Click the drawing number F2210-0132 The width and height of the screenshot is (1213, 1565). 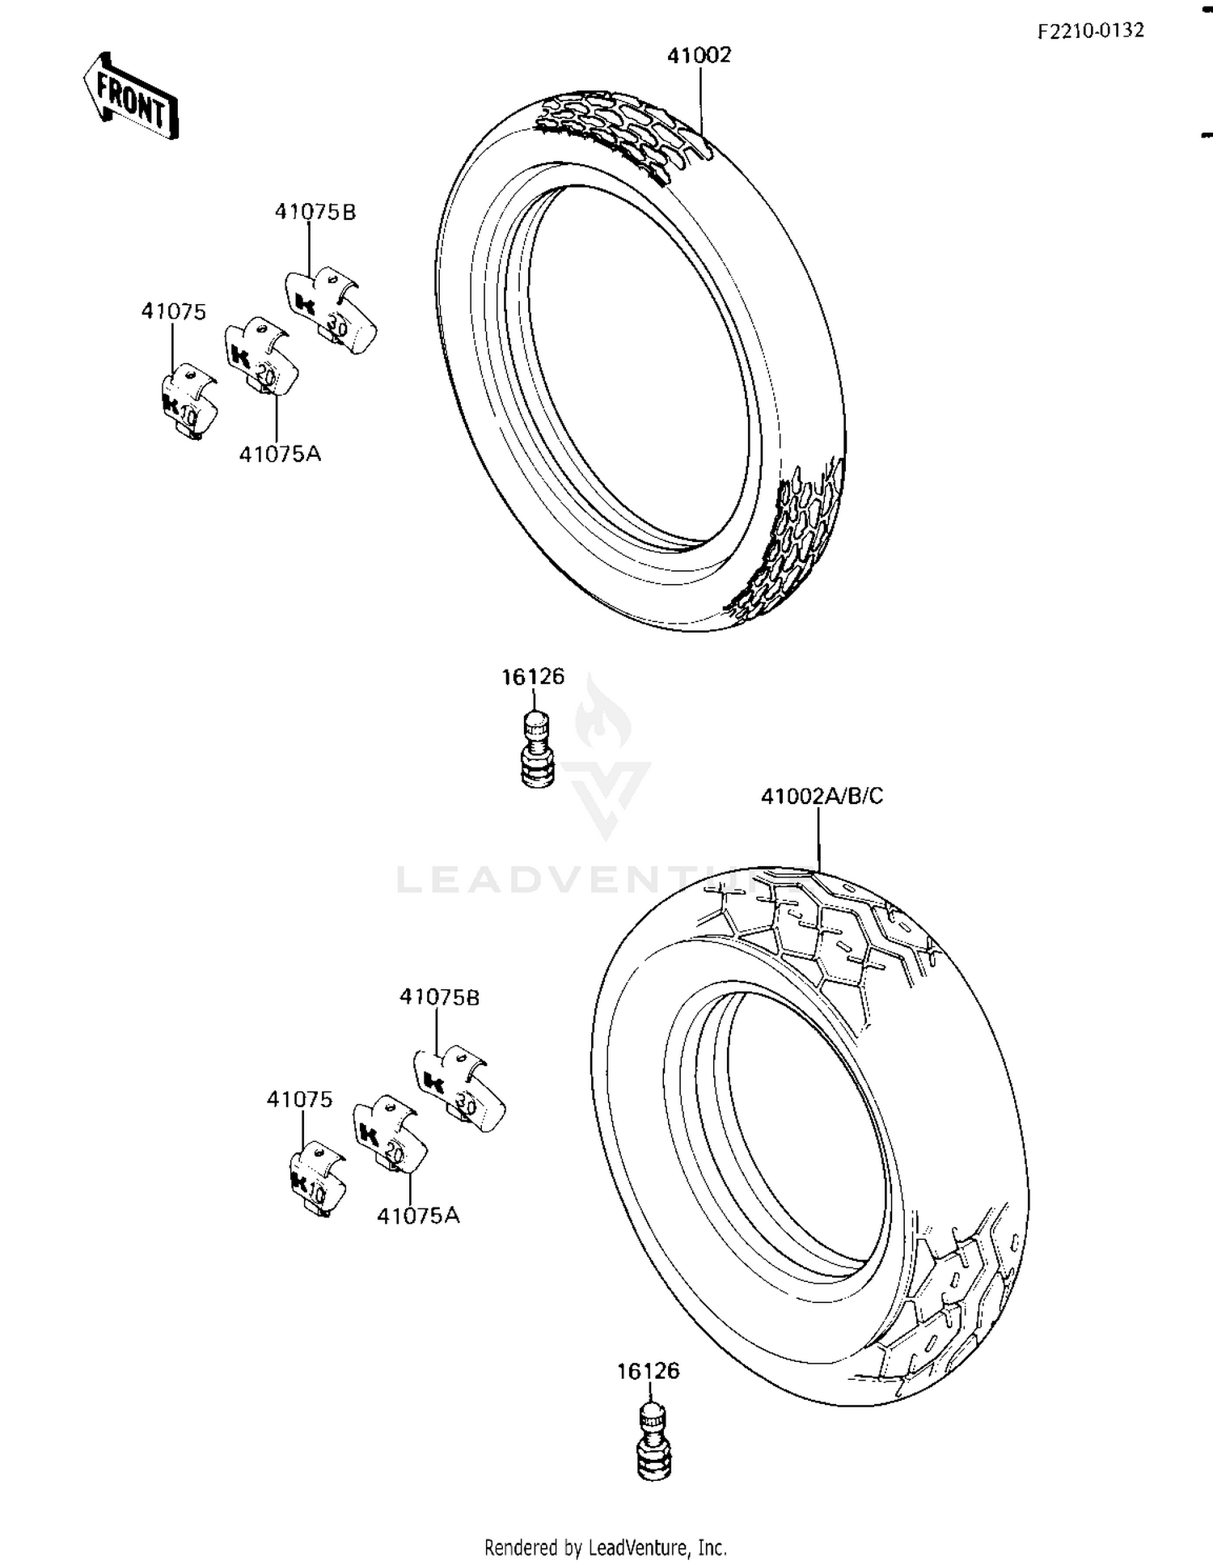(x=1091, y=31)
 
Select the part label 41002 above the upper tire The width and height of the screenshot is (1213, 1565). (x=699, y=55)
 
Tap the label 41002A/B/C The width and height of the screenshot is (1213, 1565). (x=822, y=797)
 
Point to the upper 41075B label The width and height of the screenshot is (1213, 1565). (x=315, y=212)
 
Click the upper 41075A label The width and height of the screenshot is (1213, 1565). (x=280, y=454)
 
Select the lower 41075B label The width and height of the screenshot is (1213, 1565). (x=439, y=997)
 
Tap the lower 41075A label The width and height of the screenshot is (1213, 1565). (x=417, y=1216)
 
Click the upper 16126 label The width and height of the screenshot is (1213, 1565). (x=533, y=677)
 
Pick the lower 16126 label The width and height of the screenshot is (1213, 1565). (x=648, y=1371)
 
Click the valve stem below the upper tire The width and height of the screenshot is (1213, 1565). (x=536, y=748)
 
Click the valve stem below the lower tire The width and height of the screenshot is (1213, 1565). (x=653, y=1443)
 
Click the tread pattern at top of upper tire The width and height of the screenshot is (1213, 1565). (x=623, y=129)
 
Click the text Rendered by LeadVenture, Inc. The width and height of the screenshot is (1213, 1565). (x=606, y=1547)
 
